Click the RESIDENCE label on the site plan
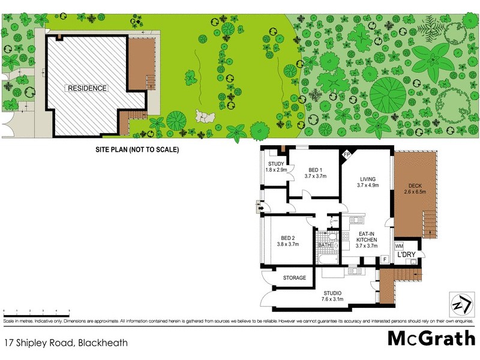point(87,88)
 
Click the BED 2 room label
point(287,241)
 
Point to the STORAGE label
point(295,278)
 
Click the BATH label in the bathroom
point(325,245)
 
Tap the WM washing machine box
point(398,247)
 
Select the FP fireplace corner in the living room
point(346,154)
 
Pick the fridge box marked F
point(383,259)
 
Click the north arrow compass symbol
point(459,304)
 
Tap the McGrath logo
point(431,339)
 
